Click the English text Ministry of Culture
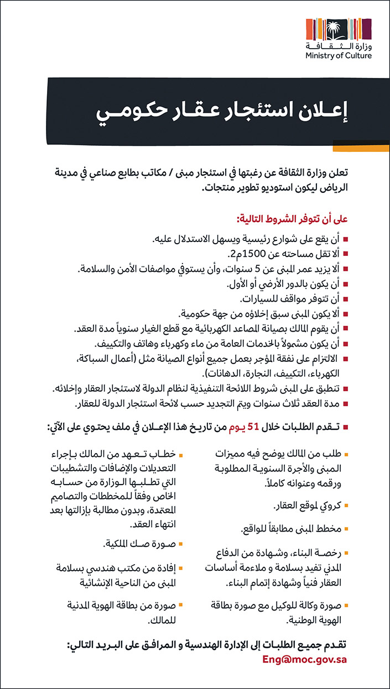[x=339, y=56]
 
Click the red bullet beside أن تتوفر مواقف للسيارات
[x=346, y=299]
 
